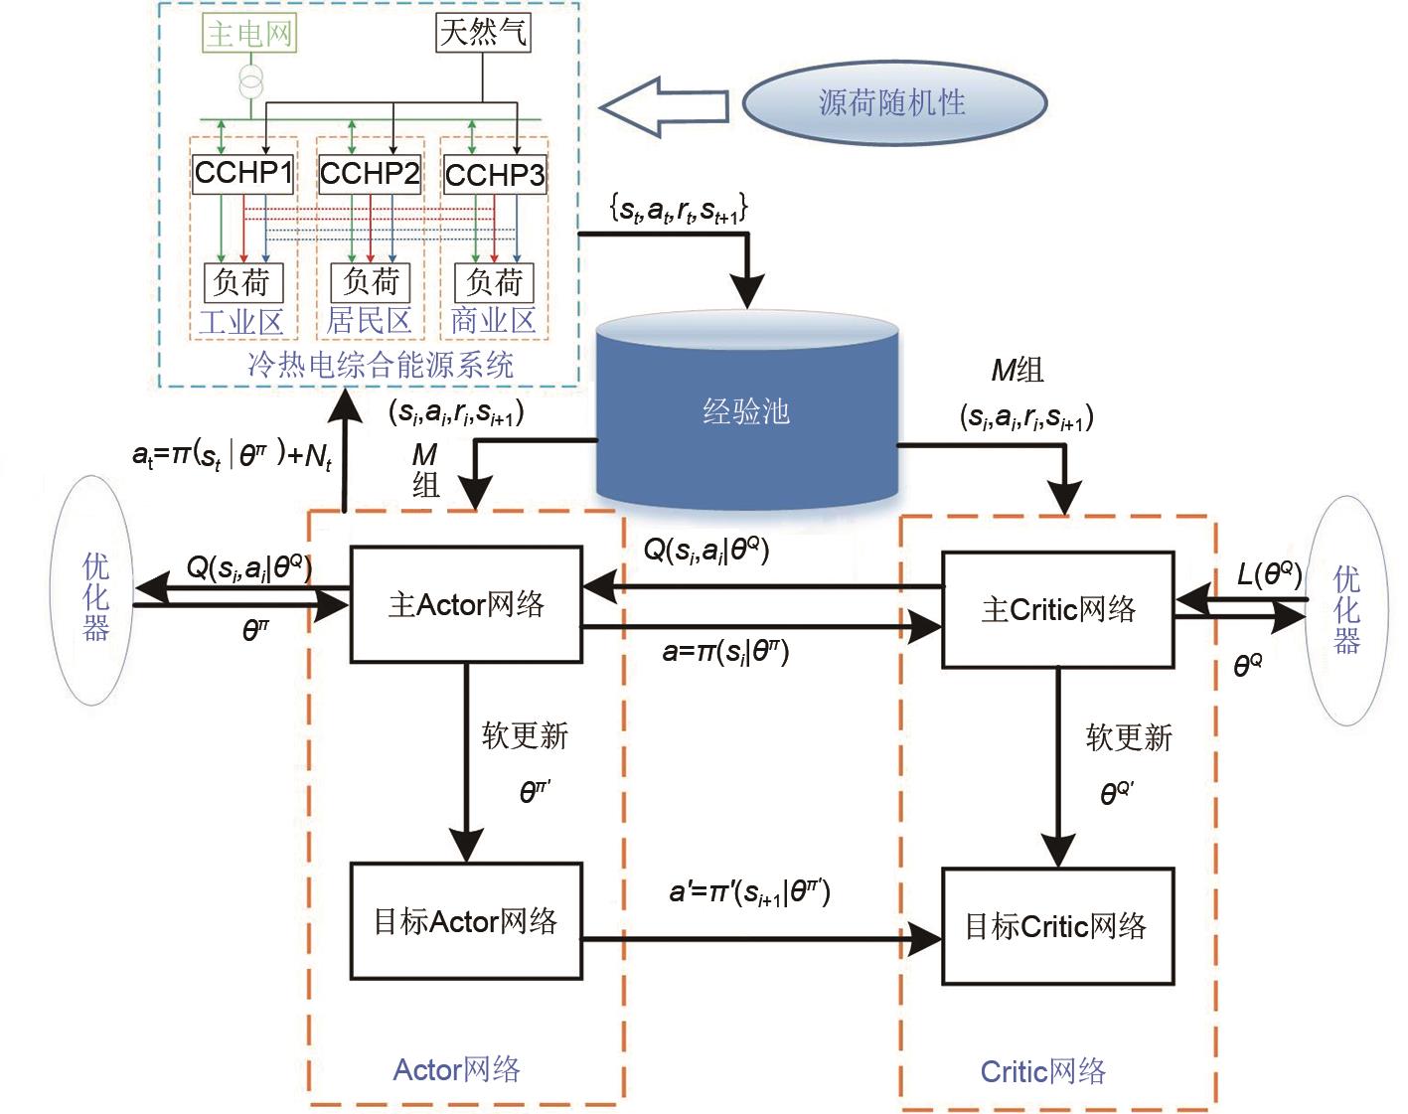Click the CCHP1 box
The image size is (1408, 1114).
(243, 173)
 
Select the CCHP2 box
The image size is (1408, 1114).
(370, 174)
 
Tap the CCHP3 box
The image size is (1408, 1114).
(494, 175)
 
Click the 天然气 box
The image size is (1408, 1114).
(483, 32)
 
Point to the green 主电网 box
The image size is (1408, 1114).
(249, 34)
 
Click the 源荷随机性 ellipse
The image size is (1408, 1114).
(894, 102)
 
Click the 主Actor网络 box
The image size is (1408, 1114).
(466, 604)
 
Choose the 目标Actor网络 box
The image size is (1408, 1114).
(466, 921)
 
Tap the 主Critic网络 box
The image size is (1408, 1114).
(1057, 609)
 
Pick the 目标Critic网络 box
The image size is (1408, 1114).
(1057, 926)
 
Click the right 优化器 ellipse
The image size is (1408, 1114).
(1346, 609)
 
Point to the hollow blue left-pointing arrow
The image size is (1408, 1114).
(664, 105)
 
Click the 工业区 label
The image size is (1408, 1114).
(241, 322)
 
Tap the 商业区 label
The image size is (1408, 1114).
(493, 321)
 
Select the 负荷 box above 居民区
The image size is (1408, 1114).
(370, 282)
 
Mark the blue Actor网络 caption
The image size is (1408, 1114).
(457, 1069)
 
